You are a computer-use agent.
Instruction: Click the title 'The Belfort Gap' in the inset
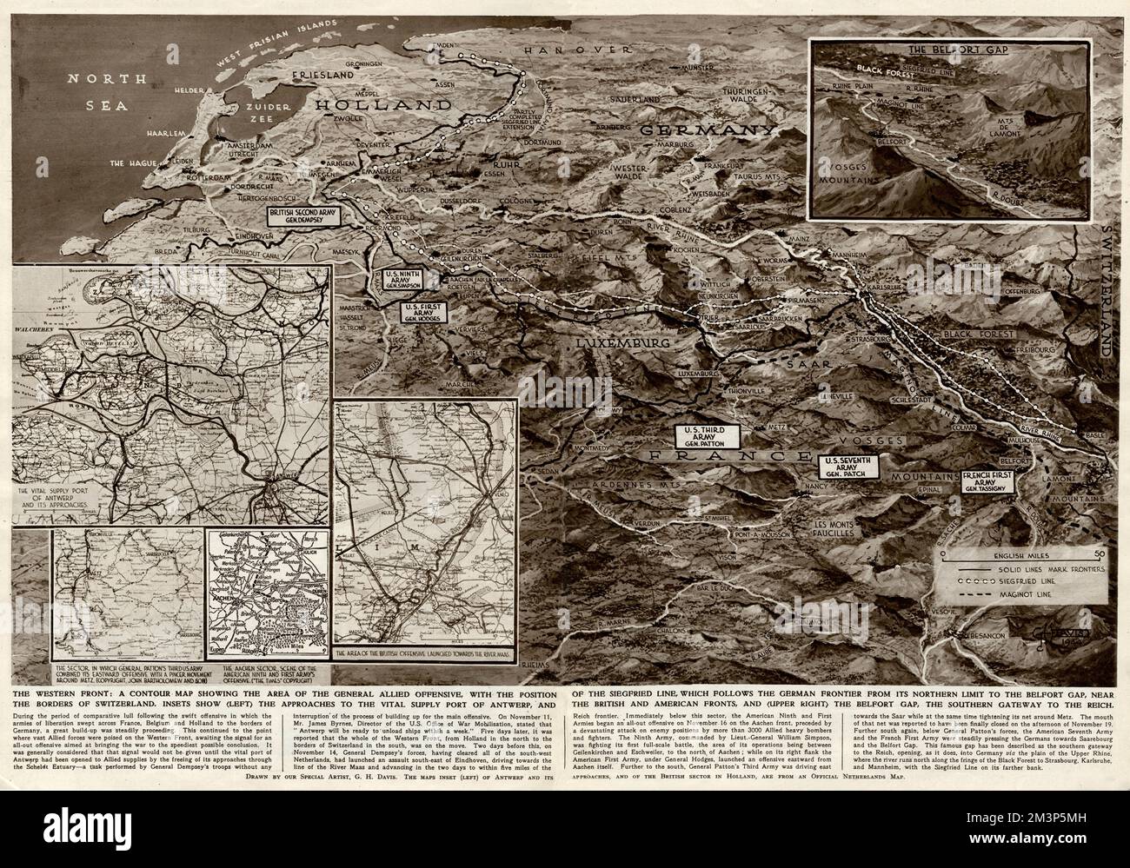pyautogui.click(x=947, y=50)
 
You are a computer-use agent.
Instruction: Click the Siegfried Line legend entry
pyautogui.click(x=1021, y=582)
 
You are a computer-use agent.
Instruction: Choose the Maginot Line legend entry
pyautogui.click(x=1021, y=597)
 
